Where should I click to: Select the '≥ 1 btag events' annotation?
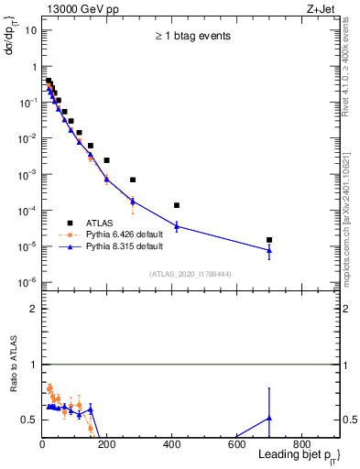(x=192, y=36)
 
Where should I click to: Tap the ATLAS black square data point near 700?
(x=269, y=240)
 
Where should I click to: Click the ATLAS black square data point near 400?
(x=177, y=205)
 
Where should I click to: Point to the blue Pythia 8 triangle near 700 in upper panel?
(x=269, y=250)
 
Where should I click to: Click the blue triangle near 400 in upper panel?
(x=177, y=226)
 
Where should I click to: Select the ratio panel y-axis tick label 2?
(x=33, y=309)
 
